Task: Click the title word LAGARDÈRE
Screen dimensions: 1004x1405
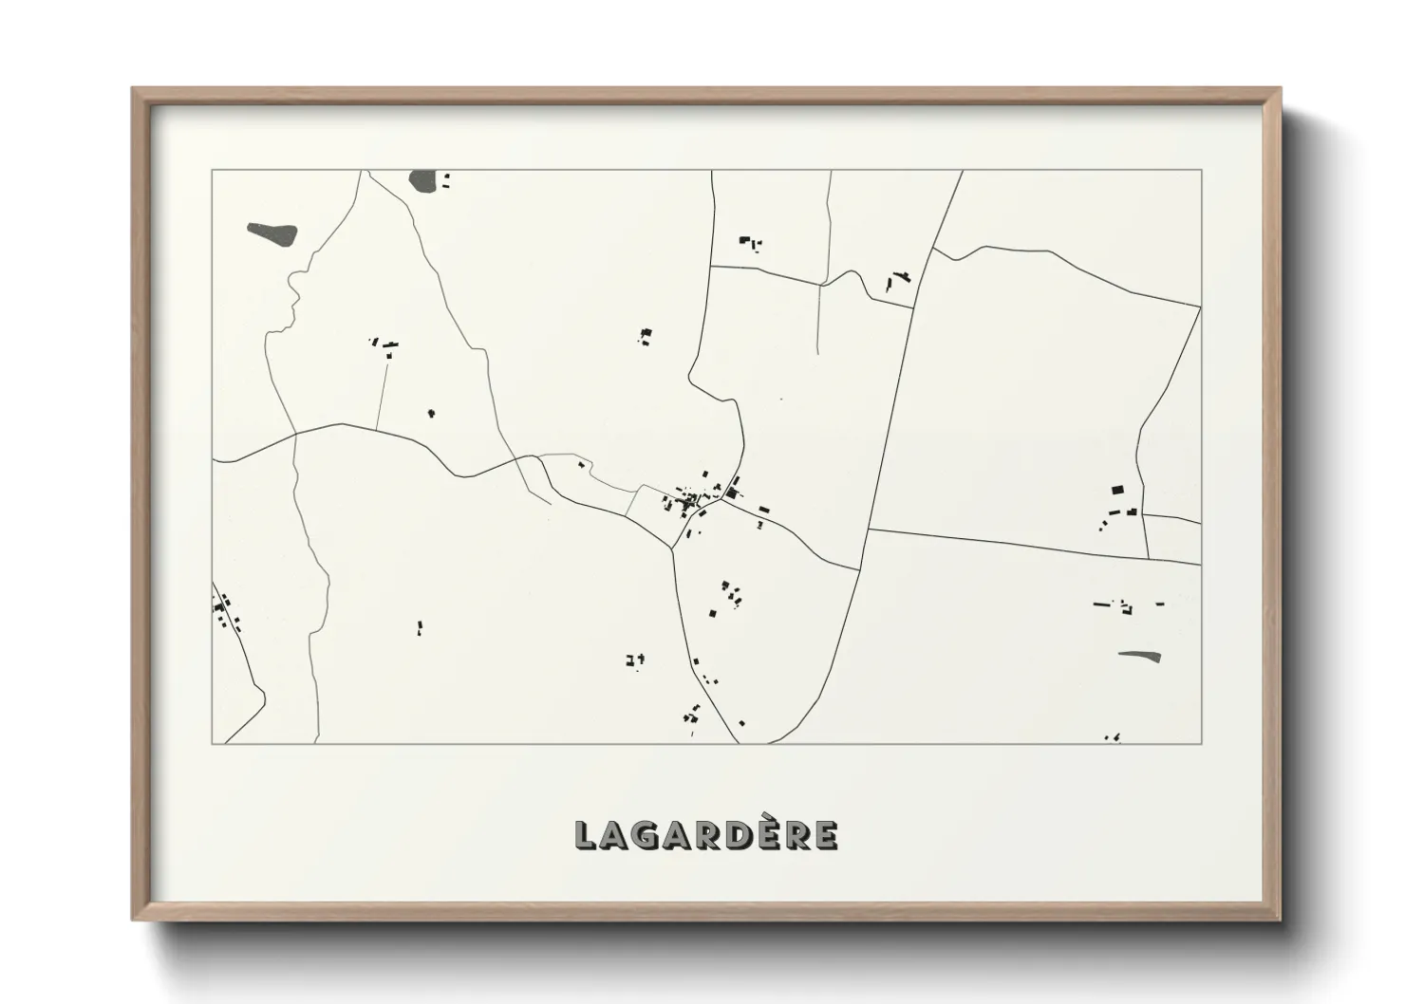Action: pyautogui.click(x=706, y=835)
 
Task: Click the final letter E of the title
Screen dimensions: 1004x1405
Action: pyautogui.click(x=825, y=835)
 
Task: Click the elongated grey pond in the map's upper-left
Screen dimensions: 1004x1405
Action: pyautogui.click(x=273, y=232)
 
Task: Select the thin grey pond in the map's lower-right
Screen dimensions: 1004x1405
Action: pyautogui.click(x=1140, y=655)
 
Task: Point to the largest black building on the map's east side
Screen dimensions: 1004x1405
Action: pyautogui.click(x=1117, y=491)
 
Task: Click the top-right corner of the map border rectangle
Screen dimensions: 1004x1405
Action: pyautogui.click(x=1201, y=171)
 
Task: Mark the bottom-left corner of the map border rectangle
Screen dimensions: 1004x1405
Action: pyautogui.click(x=213, y=743)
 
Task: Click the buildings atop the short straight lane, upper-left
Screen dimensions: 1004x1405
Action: pyautogui.click(x=385, y=344)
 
